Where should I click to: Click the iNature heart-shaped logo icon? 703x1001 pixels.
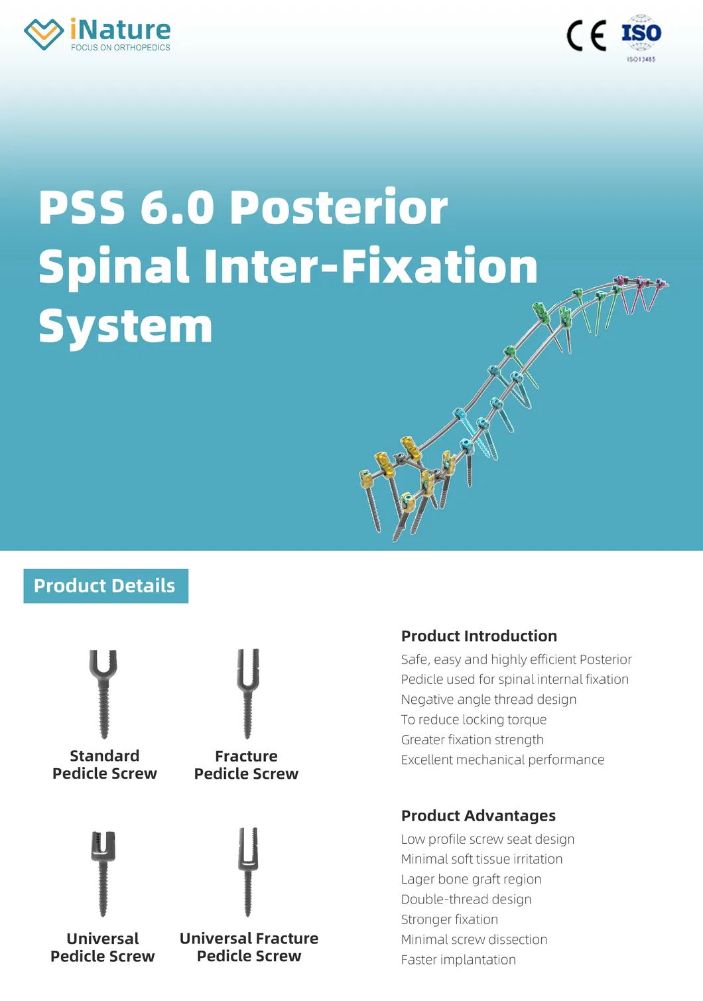pyautogui.click(x=44, y=34)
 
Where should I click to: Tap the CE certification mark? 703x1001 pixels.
pyautogui.click(x=586, y=36)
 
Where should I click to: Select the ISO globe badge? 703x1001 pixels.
pyautogui.click(x=641, y=34)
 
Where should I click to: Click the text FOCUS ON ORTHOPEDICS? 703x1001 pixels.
pyautogui.click(x=121, y=48)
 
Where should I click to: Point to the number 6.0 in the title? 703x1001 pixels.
pyautogui.click(x=177, y=208)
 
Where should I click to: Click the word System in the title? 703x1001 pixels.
pyautogui.click(x=125, y=326)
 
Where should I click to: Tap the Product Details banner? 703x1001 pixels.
pyautogui.click(x=105, y=586)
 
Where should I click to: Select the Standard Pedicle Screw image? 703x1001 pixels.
pyautogui.click(x=103, y=693)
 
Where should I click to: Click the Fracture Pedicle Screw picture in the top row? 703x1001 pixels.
pyautogui.click(x=247, y=693)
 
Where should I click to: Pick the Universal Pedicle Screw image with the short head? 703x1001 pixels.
pyautogui.click(x=103, y=873)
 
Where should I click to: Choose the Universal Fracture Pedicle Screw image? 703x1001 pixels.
pyautogui.click(x=248, y=872)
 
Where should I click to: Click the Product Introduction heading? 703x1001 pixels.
pyautogui.click(x=479, y=636)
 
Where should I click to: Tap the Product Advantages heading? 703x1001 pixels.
pyautogui.click(x=478, y=816)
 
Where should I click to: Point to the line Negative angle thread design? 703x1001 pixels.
pyautogui.click(x=489, y=700)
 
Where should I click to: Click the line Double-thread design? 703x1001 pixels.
pyautogui.click(x=466, y=900)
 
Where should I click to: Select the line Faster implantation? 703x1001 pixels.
pyautogui.click(x=458, y=960)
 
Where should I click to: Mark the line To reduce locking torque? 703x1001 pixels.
pyautogui.click(x=474, y=720)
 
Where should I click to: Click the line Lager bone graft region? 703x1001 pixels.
pyautogui.click(x=471, y=880)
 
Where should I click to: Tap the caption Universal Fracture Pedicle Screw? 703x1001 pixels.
pyautogui.click(x=249, y=947)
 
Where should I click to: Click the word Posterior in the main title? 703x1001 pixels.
pyautogui.click(x=338, y=208)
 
